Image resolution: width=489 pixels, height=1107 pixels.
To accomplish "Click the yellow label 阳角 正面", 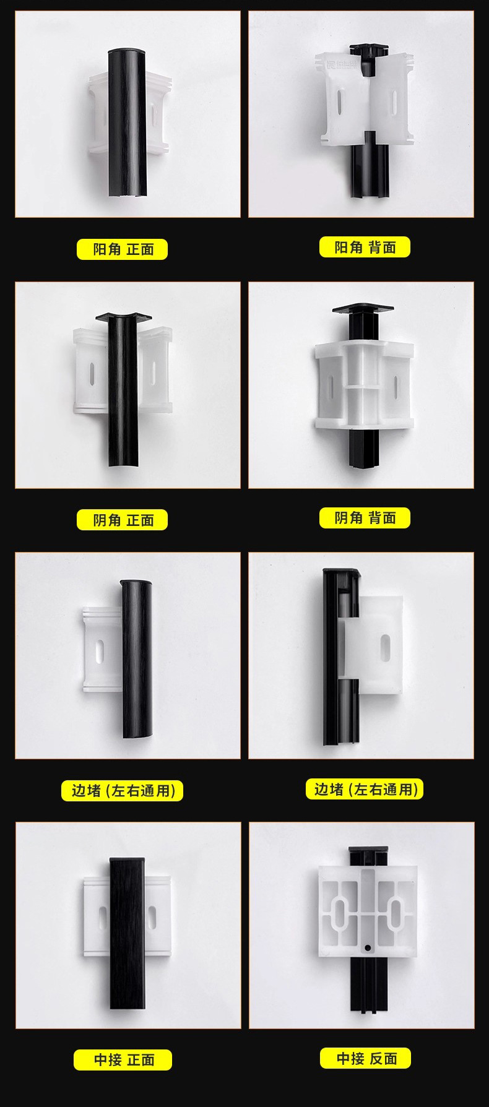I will [122, 249].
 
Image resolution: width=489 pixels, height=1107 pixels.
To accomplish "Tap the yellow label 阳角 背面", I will [365, 248].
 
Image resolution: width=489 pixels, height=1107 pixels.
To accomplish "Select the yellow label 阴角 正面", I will [122, 520].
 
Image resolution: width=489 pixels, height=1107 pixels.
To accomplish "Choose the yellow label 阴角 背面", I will [365, 518].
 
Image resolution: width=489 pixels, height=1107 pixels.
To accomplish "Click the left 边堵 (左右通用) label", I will [122, 790].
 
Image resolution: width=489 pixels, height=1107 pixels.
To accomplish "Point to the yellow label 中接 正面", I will [123, 1059].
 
